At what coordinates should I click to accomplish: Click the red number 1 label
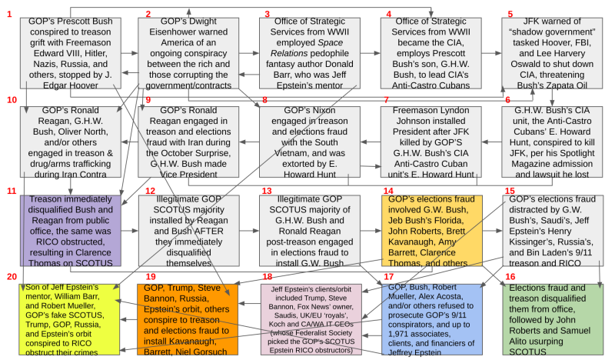tap(8, 14)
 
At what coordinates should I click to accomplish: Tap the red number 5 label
tap(510, 14)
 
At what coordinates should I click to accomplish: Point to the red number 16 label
tap(510, 275)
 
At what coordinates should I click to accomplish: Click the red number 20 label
tap(11, 275)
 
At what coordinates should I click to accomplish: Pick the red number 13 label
tap(267, 190)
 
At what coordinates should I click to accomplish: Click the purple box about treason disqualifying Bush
tap(70, 230)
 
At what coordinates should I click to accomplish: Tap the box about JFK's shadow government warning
tap(553, 52)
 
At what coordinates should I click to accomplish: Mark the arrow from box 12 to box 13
tap(251, 230)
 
